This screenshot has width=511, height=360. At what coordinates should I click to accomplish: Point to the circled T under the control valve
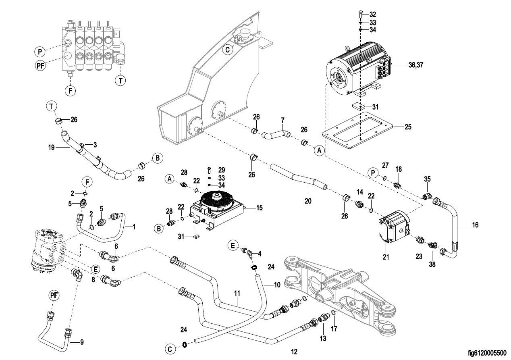[x=120, y=80]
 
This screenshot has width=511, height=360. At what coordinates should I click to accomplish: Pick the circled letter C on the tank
[x=228, y=50]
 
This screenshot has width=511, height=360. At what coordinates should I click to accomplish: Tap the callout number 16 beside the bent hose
[x=475, y=225]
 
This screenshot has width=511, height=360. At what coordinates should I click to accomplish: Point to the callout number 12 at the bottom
[x=294, y=352]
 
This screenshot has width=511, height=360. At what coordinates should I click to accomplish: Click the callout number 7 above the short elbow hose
[x=283, y=121]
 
